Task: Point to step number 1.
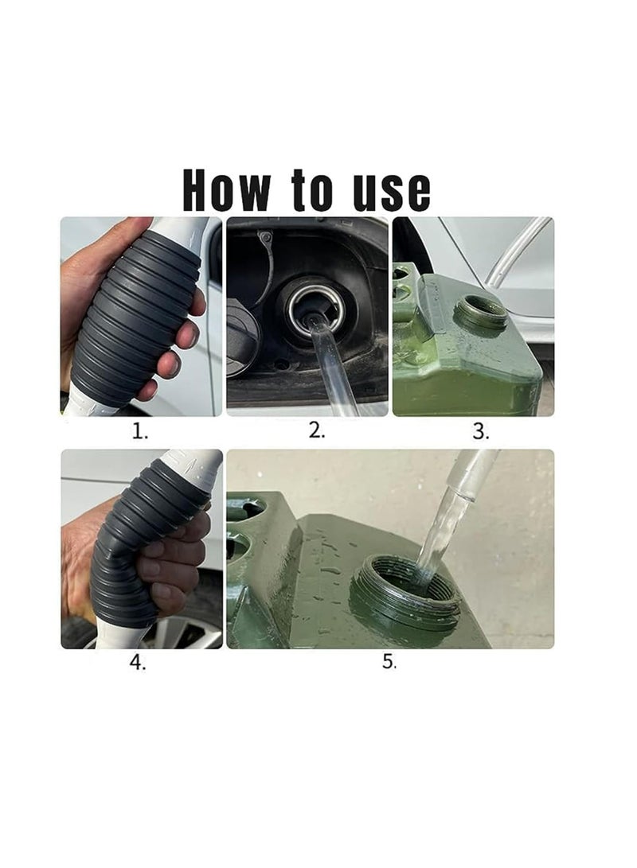(x=140, y=432)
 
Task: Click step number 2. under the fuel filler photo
(x=316, y=431)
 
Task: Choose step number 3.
(x=480, y=432)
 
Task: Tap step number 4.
(x=138, y=664)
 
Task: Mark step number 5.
(x=389, y=662)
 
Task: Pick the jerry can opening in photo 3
(x=481, y=313)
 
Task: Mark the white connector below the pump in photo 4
(x=119, y=636)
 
